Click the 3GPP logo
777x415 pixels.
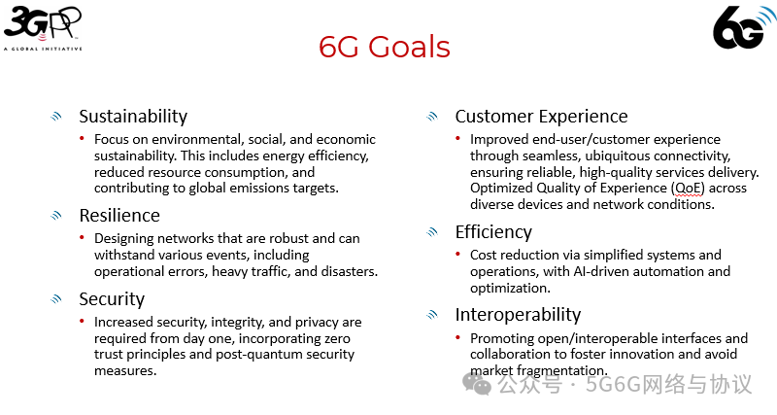[x=43, y=26]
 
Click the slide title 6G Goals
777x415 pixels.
[x=385, y=47]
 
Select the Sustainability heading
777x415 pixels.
[x=133, y=117]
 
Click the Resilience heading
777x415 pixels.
[x=119, y=215]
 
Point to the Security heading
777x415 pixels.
[x=112, y=299]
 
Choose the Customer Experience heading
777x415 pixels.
[x=541, y=117]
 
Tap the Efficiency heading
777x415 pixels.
[x=493, y=232]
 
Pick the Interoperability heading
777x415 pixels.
[x=518, y=315]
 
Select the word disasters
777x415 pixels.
[x=346, y=272]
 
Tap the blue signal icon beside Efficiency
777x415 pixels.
[x=433, y=232]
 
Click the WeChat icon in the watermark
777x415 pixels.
[x=476, y=385]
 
